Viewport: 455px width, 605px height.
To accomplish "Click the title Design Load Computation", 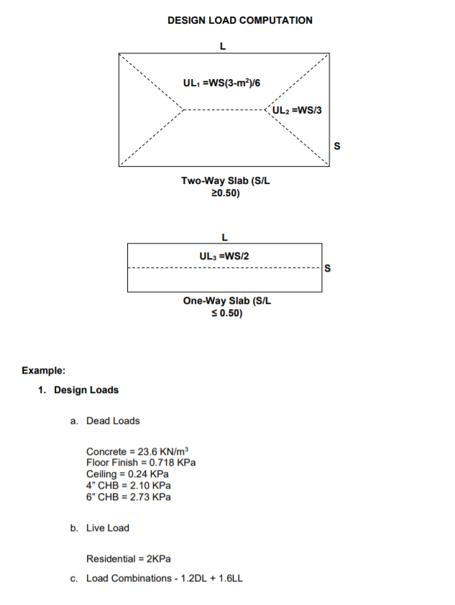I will point(240,20).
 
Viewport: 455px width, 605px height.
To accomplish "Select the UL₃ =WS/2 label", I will point(224,256).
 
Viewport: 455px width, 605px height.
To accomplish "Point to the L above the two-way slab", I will point(223,47).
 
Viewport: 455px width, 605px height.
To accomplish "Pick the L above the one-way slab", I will point(225,236).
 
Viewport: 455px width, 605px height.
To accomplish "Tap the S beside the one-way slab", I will point(328,269).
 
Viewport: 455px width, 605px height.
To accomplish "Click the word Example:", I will point(44,371).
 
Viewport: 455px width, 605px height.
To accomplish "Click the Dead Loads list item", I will point(113,421).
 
